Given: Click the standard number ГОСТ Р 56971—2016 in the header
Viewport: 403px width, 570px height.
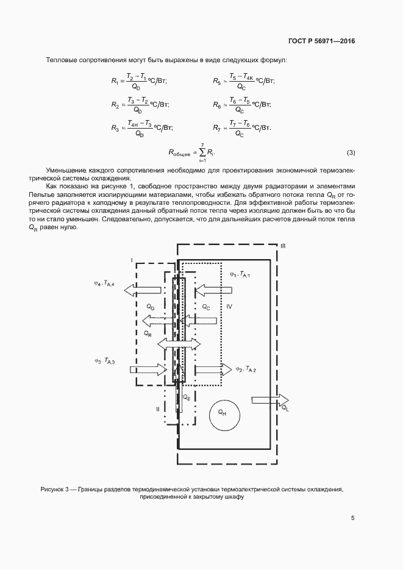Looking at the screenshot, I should click(321, 41).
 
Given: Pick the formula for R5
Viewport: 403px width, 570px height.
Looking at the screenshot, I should click(243, 81).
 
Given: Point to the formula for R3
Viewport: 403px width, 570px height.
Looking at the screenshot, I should click(142, 127).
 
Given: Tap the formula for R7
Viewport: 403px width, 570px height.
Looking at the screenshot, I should click(243, 127).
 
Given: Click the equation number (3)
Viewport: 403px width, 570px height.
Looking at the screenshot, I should click(351, 152).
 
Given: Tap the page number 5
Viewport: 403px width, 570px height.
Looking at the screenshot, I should click(352, 518).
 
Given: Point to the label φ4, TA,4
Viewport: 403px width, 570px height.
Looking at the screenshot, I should click(105, 283).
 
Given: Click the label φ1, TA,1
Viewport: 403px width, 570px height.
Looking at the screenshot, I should click(240, 276).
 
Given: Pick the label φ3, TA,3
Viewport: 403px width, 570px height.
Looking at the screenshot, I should click(105, 361).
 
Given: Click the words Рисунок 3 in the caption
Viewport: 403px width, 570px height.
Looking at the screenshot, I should click(57, 490).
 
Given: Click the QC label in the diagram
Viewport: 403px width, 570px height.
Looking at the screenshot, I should click(206, 308).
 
